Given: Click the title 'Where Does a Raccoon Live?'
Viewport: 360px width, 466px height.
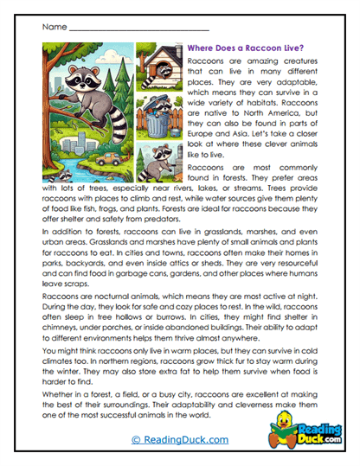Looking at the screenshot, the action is [250, 49].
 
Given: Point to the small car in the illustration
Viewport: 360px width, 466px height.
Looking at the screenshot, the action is [110, 160].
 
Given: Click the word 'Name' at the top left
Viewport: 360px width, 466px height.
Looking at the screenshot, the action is [53, 27].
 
